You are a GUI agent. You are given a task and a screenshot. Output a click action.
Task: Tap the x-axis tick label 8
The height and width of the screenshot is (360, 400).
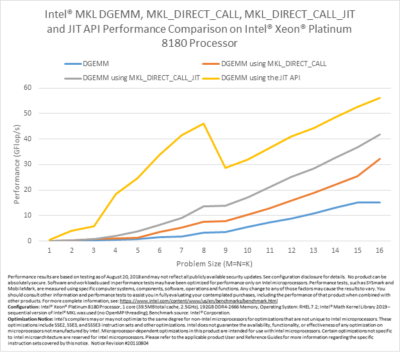tap(204, 250)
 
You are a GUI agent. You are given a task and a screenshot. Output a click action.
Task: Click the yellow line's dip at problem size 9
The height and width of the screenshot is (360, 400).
tap(224, 167)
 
